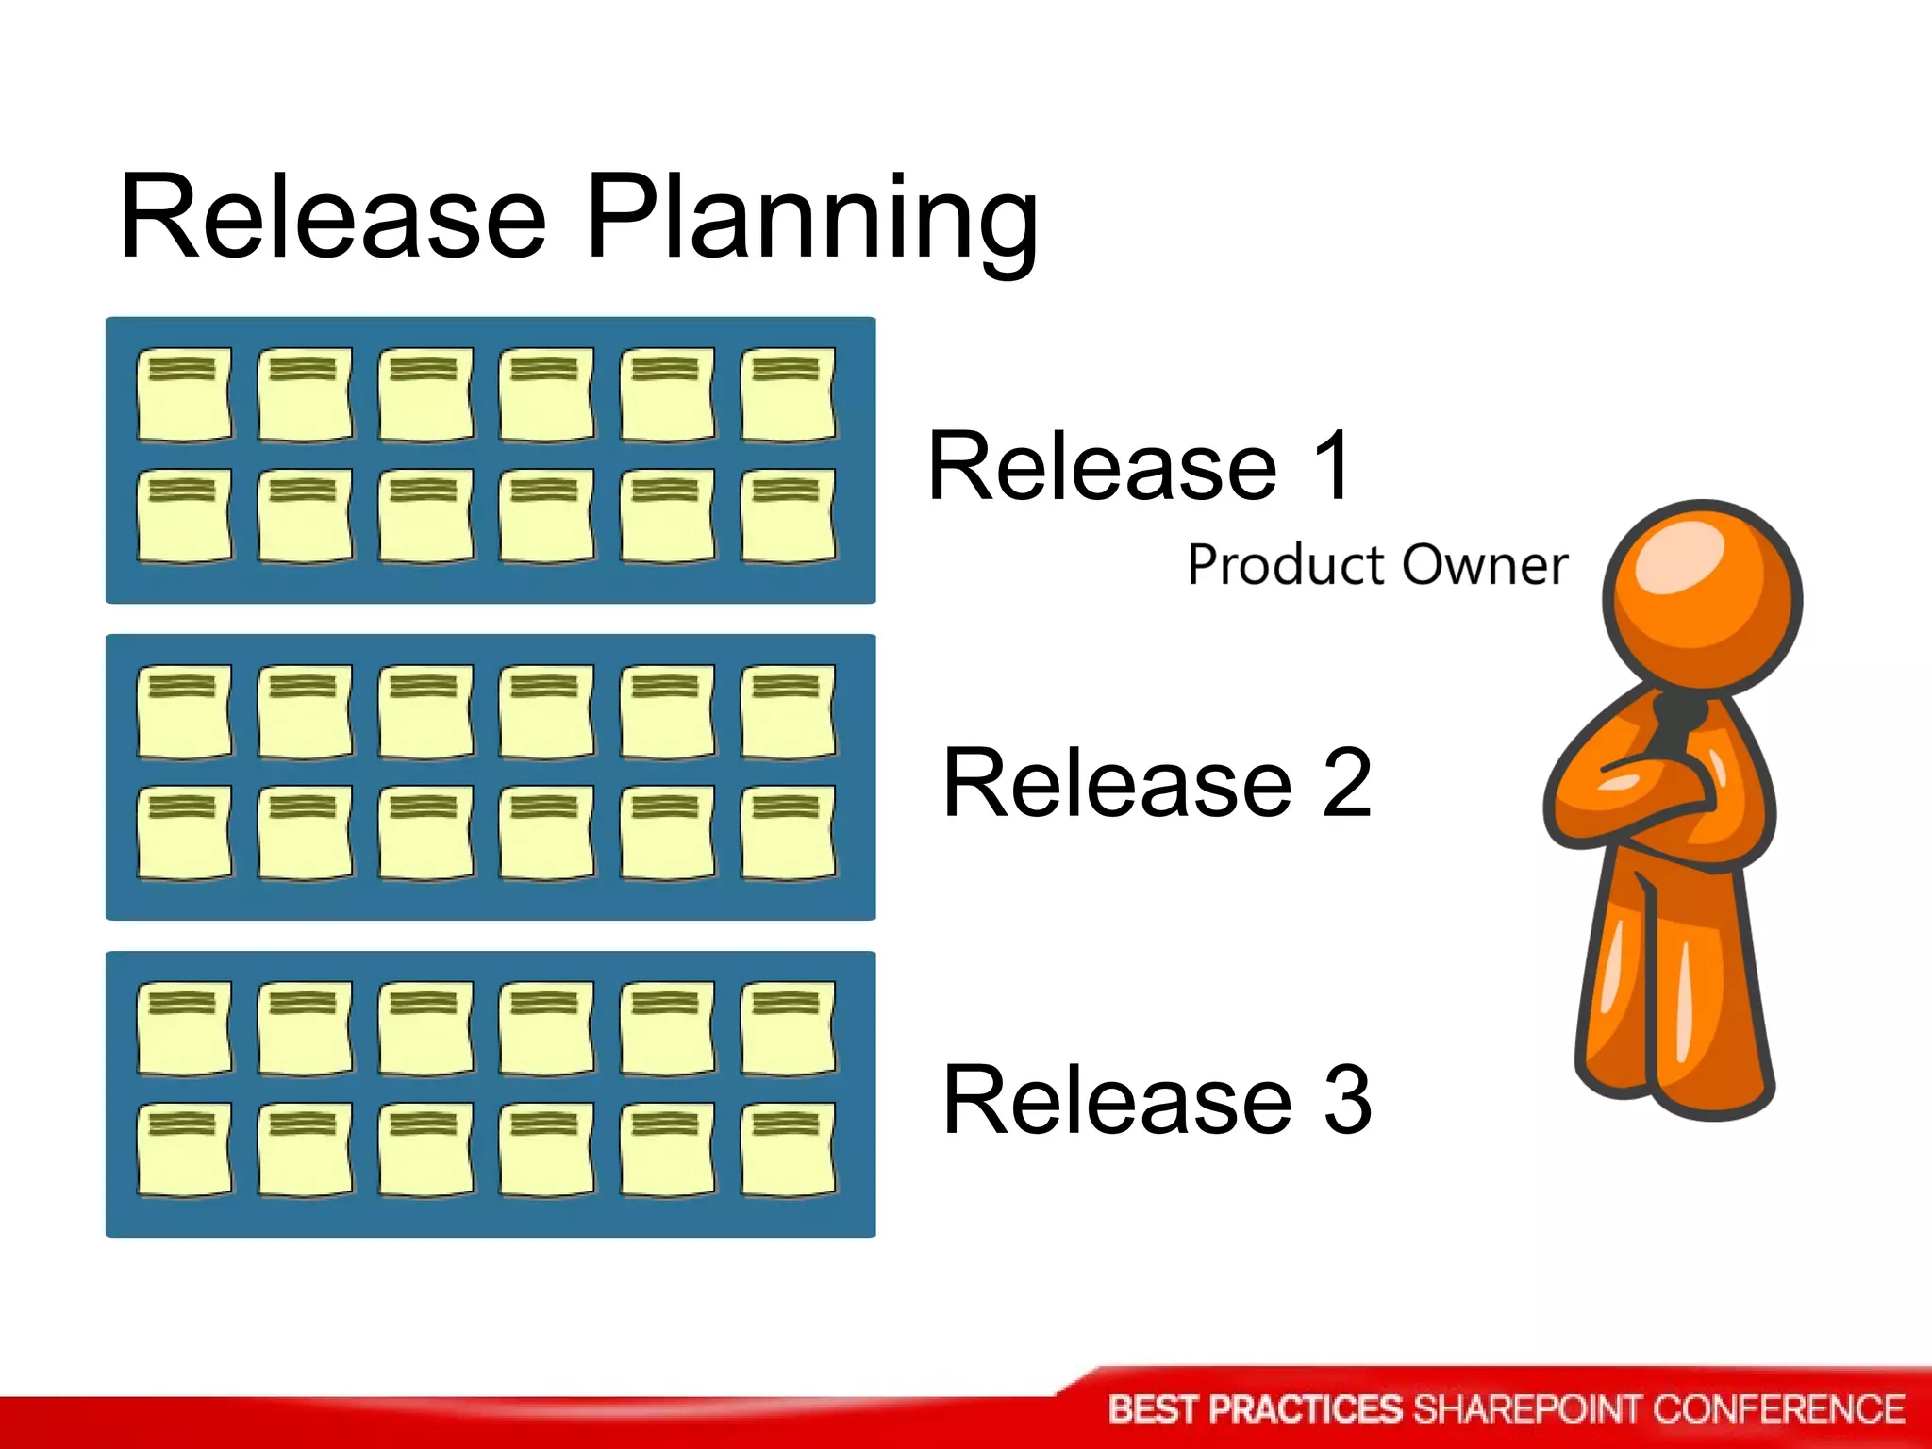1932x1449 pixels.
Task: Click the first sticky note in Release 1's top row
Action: pos(184,394)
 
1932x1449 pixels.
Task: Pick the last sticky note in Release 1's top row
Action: pos(788,394)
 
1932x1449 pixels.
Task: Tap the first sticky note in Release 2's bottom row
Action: pos(184,833)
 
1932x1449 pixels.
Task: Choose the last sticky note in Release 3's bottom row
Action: pos(788,1150)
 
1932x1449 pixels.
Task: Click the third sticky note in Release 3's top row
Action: pos(425,1028)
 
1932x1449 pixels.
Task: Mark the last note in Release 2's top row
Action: pos(788,711)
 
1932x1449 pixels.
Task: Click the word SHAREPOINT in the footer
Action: pos(1527,1409)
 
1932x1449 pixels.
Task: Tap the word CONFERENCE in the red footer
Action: pos(1778,1409)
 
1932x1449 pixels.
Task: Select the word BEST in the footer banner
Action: pos(1153,1409)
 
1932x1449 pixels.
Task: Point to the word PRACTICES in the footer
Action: pos(1306,1409)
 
